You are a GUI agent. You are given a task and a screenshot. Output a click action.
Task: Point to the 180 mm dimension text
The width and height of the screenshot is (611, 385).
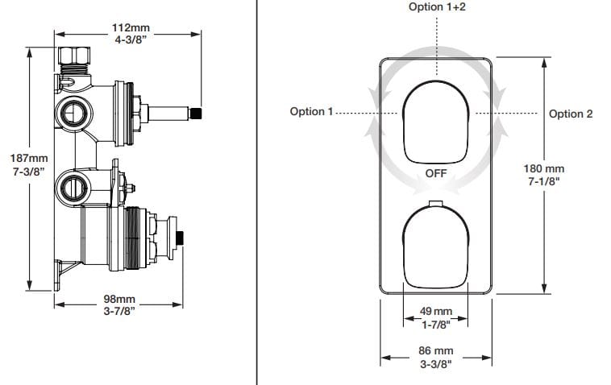(544, 168)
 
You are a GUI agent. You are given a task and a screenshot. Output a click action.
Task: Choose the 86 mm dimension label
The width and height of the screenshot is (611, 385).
(435, 350)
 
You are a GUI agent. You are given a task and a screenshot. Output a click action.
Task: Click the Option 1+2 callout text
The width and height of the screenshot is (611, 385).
(436, 6)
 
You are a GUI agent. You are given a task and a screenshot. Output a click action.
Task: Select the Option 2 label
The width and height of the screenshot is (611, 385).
(571, 114)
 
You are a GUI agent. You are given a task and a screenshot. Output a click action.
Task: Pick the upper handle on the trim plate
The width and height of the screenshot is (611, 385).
(435, 122)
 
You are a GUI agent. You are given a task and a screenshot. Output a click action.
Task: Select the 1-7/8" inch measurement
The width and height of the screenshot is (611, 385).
(436, 324)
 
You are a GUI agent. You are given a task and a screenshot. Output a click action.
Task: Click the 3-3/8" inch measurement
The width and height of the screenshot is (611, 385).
(435, 363)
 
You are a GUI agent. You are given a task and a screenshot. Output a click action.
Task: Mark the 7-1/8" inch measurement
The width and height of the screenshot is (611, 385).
(544, 181)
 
